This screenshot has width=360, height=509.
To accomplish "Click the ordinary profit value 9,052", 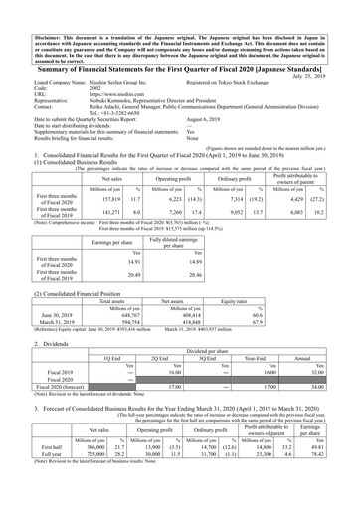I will [245, 239].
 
